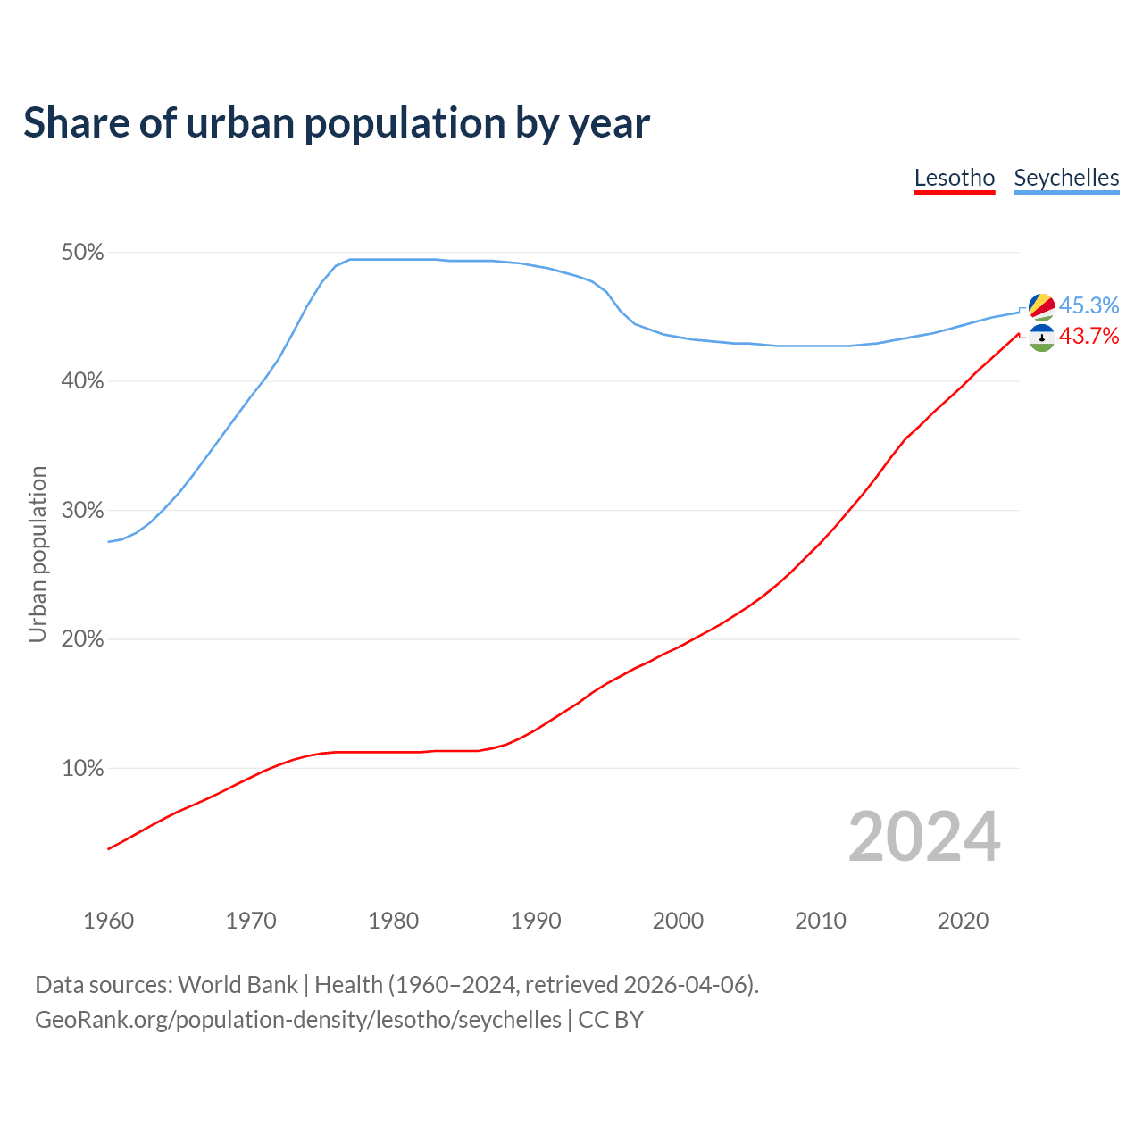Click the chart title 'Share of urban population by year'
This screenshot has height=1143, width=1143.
[x=337, y=123]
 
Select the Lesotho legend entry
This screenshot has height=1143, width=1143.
[x=955, y=178]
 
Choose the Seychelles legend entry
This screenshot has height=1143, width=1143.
[x=1066, y=178]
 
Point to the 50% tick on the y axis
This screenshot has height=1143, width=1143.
[x=83, y=253]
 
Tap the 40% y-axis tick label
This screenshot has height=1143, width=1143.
[x=83, y=381]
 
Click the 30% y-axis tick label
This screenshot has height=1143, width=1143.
[x=83, y=511]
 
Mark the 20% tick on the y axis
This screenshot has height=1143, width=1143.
[x=83, y=639]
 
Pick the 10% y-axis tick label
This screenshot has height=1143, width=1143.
[x=83, y=768]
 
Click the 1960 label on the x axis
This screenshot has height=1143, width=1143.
[x=108, y=921]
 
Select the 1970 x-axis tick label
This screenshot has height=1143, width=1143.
[x=251, y=921]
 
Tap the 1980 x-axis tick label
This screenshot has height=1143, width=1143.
[x=393, y=921]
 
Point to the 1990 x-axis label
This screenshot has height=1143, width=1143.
[x=536, y=921]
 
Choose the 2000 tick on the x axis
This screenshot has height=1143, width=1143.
[x=678, y=921]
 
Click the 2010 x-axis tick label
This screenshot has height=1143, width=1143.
[x=821, y=921]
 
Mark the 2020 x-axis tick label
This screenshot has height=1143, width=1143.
[x=963, y=921]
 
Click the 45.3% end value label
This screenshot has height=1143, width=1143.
[x=1089, y=305]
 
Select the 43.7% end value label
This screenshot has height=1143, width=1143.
[x=1089, y=336]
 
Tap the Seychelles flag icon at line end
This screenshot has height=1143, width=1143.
[x=1041, y=306]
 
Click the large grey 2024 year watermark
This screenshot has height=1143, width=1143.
[x=924, y=837]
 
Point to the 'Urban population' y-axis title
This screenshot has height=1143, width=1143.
[x=38, y=554]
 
